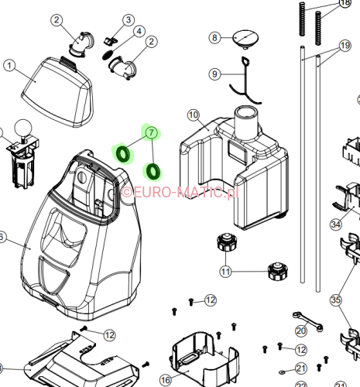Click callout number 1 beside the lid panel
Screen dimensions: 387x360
point(10,67)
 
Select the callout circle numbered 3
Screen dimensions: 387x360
point(129,19)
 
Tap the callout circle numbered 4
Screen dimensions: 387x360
point(139,32)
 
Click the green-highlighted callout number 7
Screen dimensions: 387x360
point(152,133)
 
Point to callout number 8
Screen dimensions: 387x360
point(216,36)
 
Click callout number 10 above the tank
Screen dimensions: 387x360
point(194,115)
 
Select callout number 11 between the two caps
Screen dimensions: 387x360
point(225,272)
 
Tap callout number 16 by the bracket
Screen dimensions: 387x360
point(166,380)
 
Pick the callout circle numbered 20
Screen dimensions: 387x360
point(301,330)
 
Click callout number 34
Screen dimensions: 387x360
point(335,224)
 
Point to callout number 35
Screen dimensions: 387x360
point(335,300)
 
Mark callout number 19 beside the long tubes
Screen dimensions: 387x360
point(345,46)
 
